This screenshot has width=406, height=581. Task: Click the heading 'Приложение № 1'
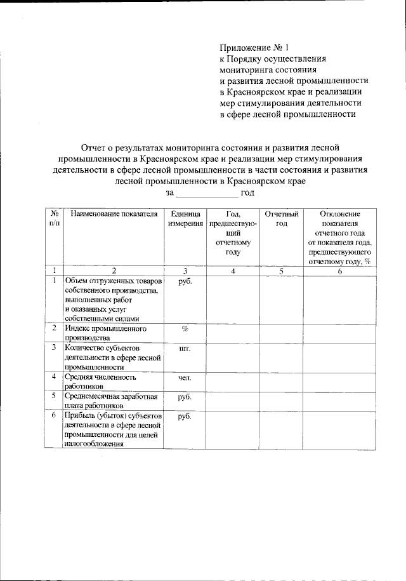point(254,48)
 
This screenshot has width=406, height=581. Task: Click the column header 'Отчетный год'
point(281,219)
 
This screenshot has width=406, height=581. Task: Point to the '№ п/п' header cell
point(55,219)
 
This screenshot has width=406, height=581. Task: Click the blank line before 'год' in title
point(206,193)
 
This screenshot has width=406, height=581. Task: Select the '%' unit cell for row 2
point(185,329)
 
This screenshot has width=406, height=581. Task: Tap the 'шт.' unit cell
point(185,349)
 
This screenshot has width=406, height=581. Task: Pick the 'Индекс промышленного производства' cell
point(106,333)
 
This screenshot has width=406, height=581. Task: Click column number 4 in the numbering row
point(233,271)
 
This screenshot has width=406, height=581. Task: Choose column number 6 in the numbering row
point(340,271)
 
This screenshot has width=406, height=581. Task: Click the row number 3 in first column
point(55,348)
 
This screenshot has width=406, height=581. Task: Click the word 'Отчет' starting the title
point(96,147)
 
